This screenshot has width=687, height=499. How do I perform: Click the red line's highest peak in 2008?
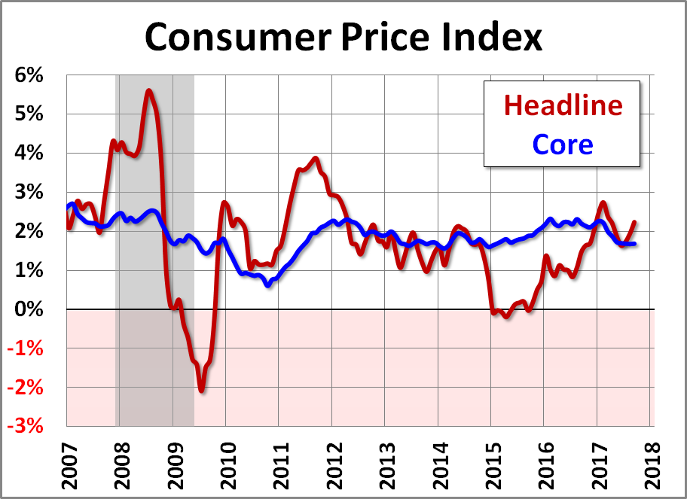tap(148, 91)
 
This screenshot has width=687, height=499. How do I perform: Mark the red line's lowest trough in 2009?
tap(201, 390)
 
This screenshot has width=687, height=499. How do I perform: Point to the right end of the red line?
tap(634, 222)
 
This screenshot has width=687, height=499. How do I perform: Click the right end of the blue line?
tap(634, 243)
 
